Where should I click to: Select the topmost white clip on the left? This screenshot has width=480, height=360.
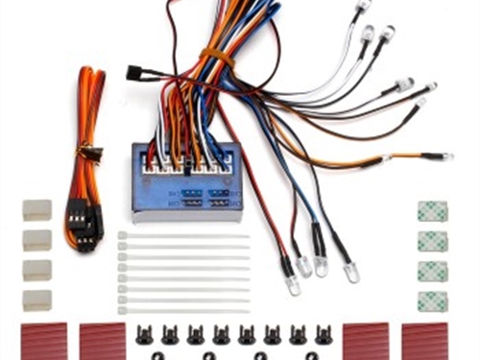click(37, 210)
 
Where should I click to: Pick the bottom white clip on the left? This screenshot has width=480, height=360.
click(37, 299)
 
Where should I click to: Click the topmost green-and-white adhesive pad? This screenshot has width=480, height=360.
click(432, 211)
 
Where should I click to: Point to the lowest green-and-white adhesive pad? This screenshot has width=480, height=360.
click(432, 300)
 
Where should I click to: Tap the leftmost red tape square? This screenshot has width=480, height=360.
click(44, 340)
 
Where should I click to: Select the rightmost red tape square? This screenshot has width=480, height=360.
click(424, 340)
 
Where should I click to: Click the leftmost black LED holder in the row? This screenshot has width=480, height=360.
click(144, 335)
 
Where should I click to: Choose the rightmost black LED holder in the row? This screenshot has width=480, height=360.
click(323, 335)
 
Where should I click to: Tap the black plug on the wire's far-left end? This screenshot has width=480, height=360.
click(135, 72)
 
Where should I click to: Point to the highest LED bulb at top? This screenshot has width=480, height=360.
click(362, 7)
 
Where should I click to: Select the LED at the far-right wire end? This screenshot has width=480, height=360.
click(437, 156)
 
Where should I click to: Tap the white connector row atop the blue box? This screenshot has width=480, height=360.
click(186, 166)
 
